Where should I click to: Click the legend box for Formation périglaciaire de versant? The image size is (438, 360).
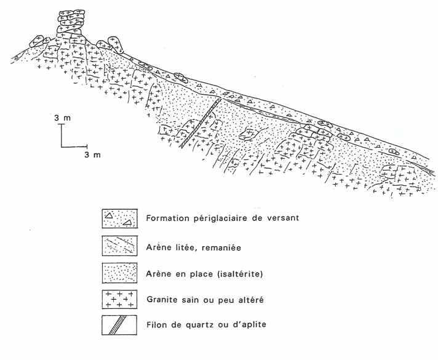[120, 218]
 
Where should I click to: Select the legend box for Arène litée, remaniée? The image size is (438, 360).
[120, 245]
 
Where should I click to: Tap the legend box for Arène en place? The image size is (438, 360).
[120, 272]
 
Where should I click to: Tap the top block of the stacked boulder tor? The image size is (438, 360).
[71, 14]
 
